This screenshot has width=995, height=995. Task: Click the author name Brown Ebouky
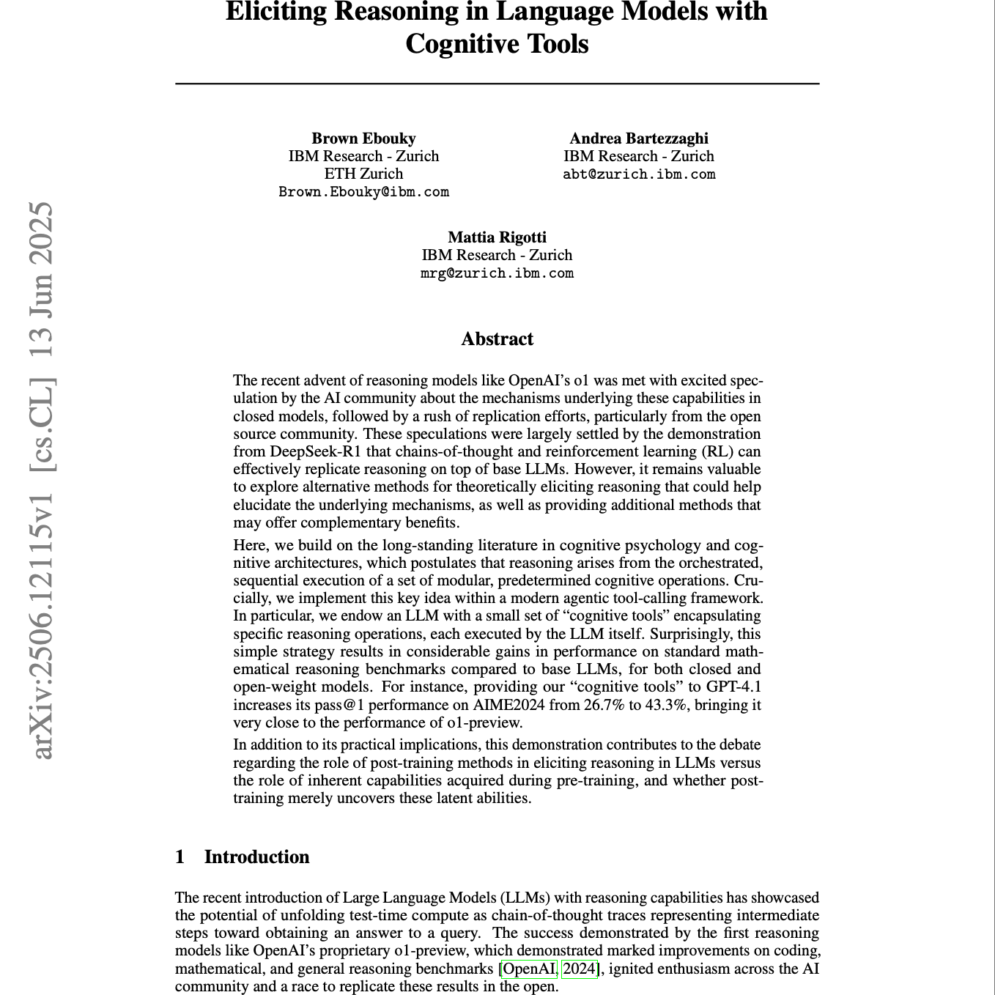coord(363,138)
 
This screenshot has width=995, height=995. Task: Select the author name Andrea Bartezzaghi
coord(639,138)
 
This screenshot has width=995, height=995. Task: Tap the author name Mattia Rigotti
coord(497,237)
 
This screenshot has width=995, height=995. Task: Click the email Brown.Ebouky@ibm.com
coord(363,192)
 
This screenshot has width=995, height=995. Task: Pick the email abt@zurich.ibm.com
coord(639,174)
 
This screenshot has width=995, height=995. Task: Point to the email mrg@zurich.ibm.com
coord(497,273)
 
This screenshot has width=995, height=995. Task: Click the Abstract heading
coord(497,339)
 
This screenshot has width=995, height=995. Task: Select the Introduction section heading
coord(256,857)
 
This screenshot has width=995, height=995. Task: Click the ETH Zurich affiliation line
coord(363,174)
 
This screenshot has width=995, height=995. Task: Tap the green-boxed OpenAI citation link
coord(530,969)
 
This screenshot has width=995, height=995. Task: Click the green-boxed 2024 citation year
coord(580,969)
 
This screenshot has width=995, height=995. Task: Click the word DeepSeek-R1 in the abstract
coord(312,451)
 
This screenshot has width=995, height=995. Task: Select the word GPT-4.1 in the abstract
coord(733,687)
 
